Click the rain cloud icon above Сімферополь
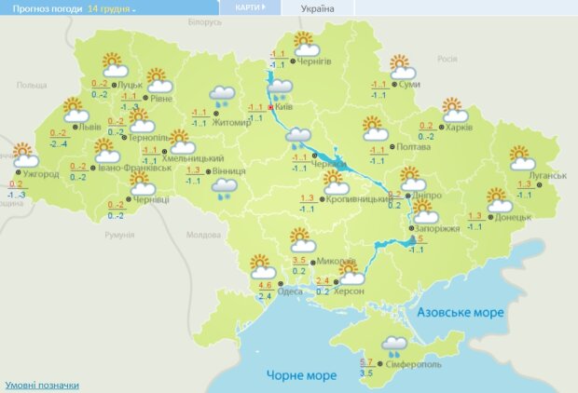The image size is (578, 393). click(x=393, y=346)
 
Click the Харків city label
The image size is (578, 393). click(x=459, y=128)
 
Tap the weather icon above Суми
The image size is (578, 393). click(x=402, y=67)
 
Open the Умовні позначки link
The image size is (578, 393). click(x=41, y=385)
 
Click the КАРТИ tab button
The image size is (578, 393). click(x=248, y=7)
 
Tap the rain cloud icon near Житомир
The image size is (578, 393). click(x=222, y=95)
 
